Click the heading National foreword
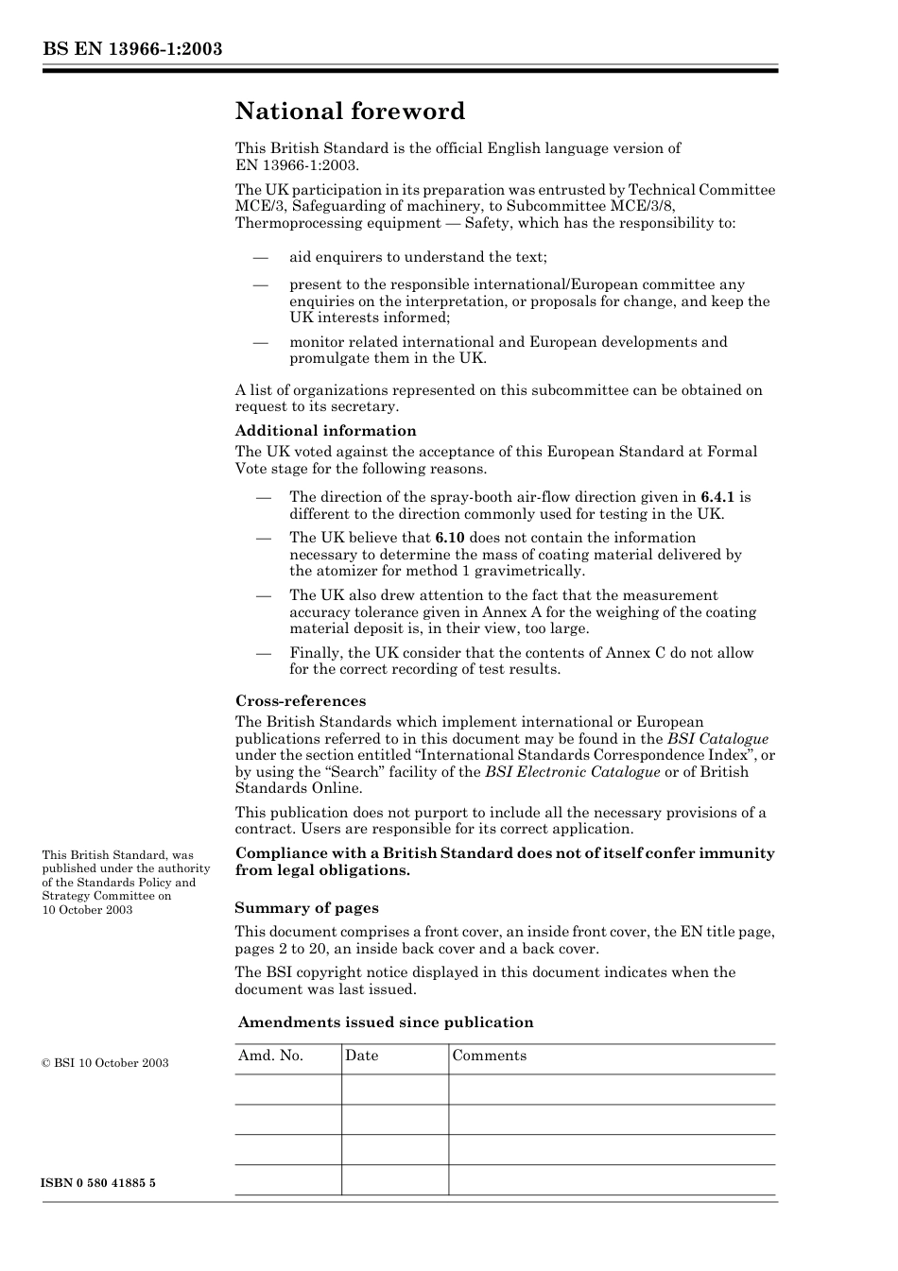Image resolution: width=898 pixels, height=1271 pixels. click(x=350, y=112)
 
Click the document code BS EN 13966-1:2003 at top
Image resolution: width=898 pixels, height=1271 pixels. click(x=131, y=49)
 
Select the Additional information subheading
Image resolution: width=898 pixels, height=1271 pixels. click(x=325, y=431)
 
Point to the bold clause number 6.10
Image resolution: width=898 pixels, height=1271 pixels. click(x=450, y=538)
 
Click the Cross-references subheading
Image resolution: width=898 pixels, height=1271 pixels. click(x=301, y=701)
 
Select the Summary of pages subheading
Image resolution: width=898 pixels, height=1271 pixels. click(x=306, y=908)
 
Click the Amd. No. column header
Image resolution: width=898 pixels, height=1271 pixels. click(x=270, y=1056)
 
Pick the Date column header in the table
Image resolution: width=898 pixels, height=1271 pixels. click(x=361, y=1056)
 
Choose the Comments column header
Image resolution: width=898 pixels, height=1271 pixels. click(x=489, y=1056)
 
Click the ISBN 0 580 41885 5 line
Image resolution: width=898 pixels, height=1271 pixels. click(x=98, y=1183)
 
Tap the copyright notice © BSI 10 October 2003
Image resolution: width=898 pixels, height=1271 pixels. click(x=105, y=1063)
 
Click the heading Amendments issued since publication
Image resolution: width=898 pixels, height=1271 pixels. click(x=386, y=1022)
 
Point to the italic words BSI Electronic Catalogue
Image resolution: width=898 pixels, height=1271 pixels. click(x=572, y=772)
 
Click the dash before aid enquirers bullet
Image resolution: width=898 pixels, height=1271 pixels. click(x=261, y=257)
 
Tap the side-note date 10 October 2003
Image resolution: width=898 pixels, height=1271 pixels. click(x=87, y=910)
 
